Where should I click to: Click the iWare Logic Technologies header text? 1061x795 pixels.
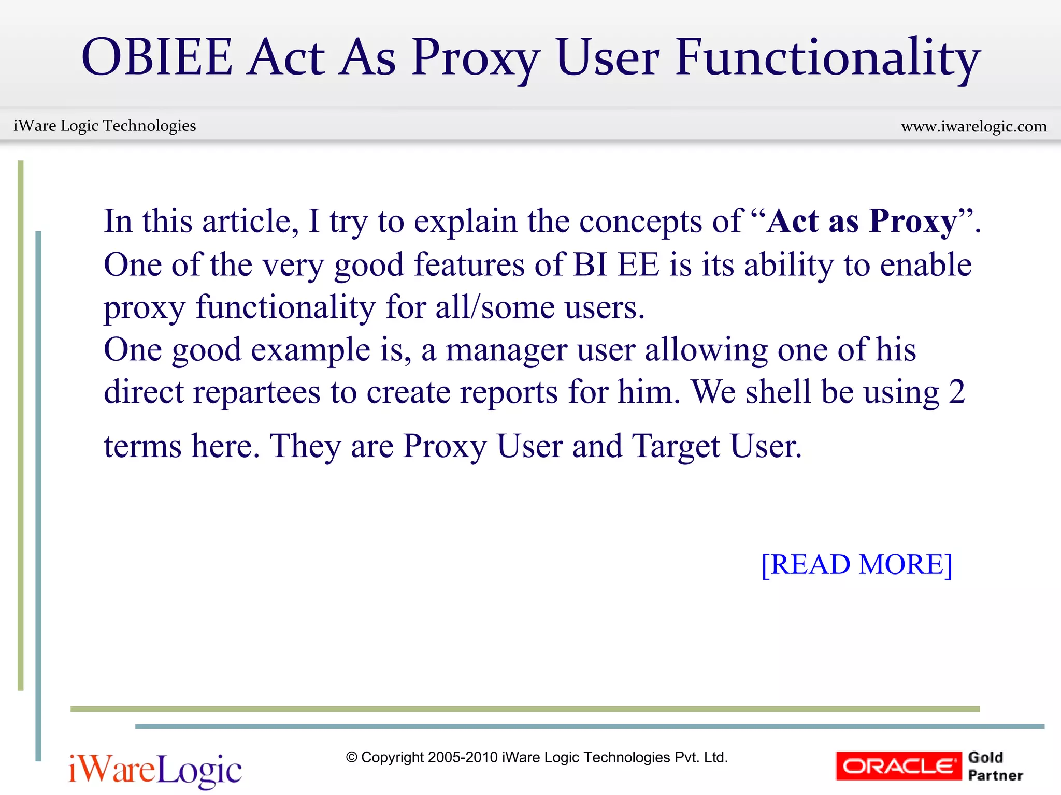105,126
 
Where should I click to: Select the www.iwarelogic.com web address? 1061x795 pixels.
974,126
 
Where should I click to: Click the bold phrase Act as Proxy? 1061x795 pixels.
862,221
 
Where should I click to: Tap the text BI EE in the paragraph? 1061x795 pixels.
616,264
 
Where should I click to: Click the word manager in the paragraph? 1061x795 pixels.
506,350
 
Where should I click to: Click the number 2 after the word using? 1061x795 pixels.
957,392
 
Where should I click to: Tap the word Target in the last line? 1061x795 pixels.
676,446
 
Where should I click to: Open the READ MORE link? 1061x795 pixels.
857,564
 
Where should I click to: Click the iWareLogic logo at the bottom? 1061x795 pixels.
155,770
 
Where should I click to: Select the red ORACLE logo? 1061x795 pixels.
898,766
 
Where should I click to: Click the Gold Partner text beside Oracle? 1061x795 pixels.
995,766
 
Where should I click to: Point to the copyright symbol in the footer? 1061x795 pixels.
352,758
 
